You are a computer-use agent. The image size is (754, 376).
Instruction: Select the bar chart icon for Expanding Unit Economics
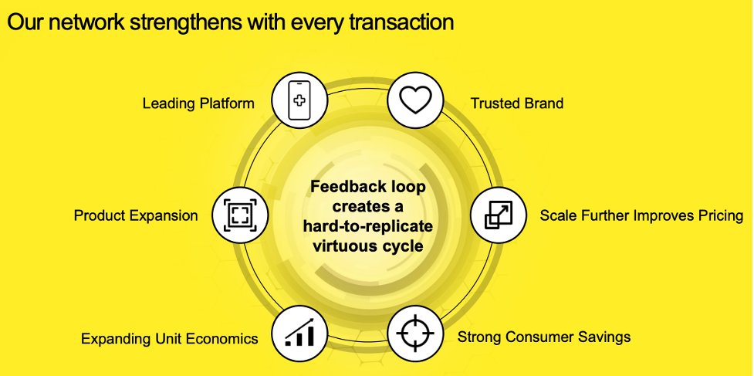300,333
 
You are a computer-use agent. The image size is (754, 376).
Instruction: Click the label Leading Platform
198,103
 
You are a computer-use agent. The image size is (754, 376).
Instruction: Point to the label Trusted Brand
517,103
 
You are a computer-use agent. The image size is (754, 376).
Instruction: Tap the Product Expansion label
136,215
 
